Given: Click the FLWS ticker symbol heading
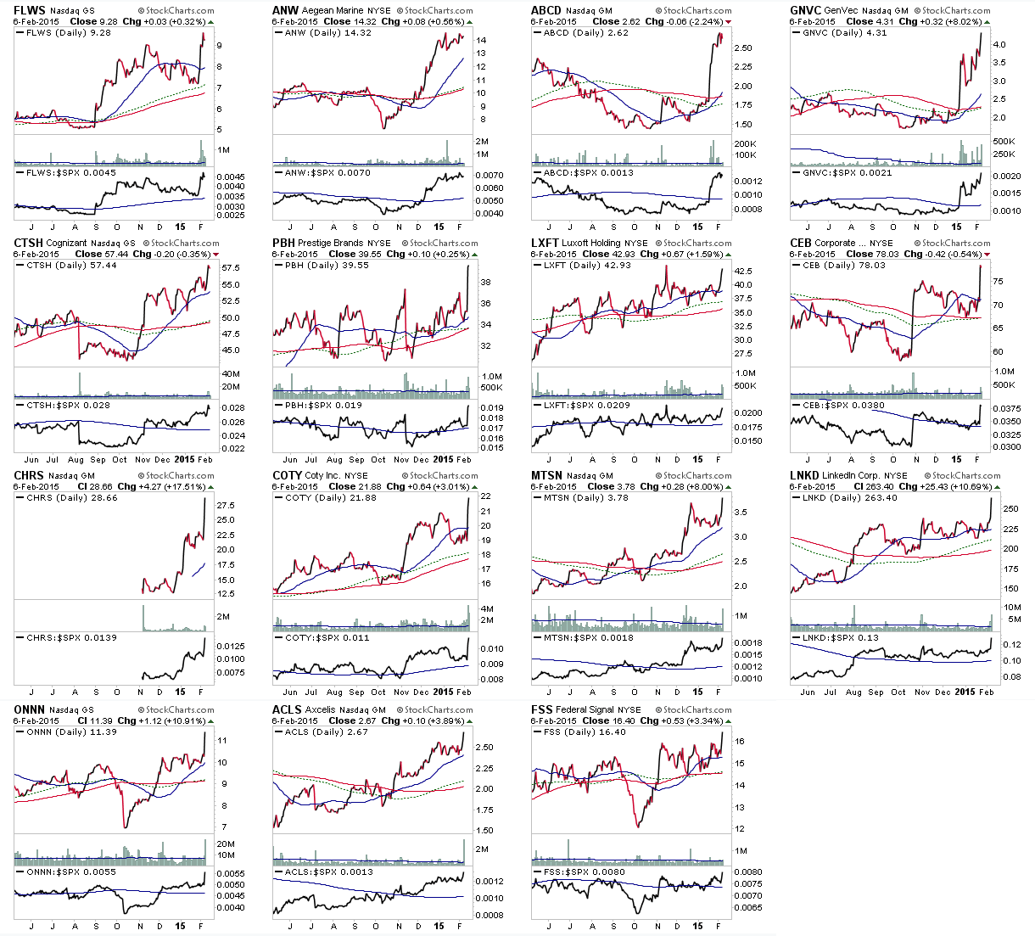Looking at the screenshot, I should (29, 10).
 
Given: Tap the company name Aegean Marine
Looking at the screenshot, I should (333, 11).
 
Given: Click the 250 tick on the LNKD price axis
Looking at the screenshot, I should (1011, 509).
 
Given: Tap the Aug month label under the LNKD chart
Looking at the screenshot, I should (853, 692).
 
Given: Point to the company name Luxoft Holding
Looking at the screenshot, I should (592, 243).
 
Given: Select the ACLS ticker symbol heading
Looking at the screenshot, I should (287, 709).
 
